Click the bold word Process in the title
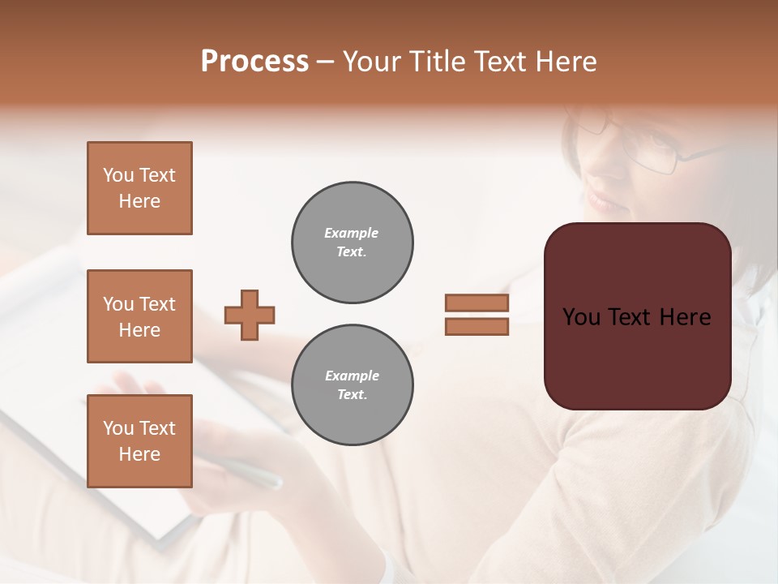[x=254, y=62]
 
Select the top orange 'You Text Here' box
[x=139, y=188]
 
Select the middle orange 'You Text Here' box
[x=139, y=316]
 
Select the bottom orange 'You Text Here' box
[x=139, y=441]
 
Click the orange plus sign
[x=250, y=315]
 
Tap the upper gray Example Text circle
[x=353, y=243]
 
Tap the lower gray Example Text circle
[x=353, y=385]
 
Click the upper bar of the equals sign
[x=477, y=303]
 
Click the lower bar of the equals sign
[x=477, y=326]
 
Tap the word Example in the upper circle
[x=352, y=233]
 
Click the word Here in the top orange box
[x=139, y=201]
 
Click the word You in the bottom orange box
[x=118, y=428]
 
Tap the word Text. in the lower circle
[x=353, y=395]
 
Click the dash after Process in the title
[x=326, y=62]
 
